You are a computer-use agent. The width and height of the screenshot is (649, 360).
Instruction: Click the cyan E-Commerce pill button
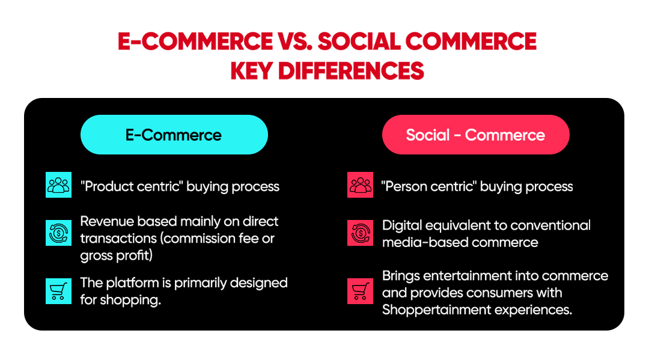pyautogui.click(x=174, y=135)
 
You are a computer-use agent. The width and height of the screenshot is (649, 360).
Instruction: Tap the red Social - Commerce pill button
pyautogui.click(x=475, y=135)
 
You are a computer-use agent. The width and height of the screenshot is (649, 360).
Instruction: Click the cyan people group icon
pyautogui.click(x=58, y=185)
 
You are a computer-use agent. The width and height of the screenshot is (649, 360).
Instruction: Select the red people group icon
pyautogui.click(x=360, y=185)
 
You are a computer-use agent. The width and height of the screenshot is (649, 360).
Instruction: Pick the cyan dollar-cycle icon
pyautogui.click(x=58, y=233)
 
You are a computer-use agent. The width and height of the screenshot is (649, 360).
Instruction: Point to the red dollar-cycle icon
pyautogui.click(x=360, y=233)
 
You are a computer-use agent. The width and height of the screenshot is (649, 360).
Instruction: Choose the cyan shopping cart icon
pyautogui.click(x=58, y=291)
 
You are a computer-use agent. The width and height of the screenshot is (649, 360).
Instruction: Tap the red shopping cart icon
pyautogui.click(x=360, y=291)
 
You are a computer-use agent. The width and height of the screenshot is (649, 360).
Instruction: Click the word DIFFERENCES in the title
pyautogui.click(x=351, y=71)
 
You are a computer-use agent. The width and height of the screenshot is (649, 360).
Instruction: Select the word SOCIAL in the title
pyautogui.click(x=358, y=41)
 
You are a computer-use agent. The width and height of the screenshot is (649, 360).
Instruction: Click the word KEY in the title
pyautogui.click(x=251, y=71)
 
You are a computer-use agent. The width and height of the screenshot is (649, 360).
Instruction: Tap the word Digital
pyautogui.click(x=402, y=226)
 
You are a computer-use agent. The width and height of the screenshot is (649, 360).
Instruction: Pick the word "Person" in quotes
pyautogui.click(x=405, y=186)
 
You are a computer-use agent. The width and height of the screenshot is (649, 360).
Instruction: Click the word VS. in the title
pyautogui.click(x=294, y=41)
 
